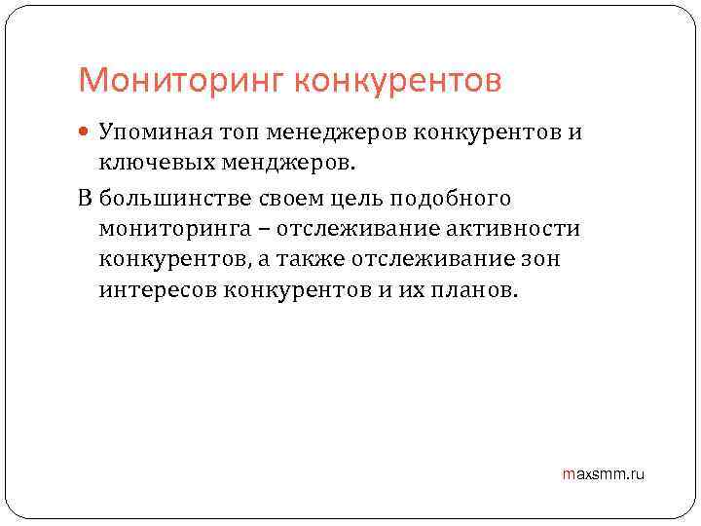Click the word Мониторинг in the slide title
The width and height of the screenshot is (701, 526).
(x=179, y=80)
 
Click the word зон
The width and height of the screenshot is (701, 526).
(x=540, y=260)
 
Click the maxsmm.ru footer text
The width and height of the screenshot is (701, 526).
(x=604, y=474)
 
